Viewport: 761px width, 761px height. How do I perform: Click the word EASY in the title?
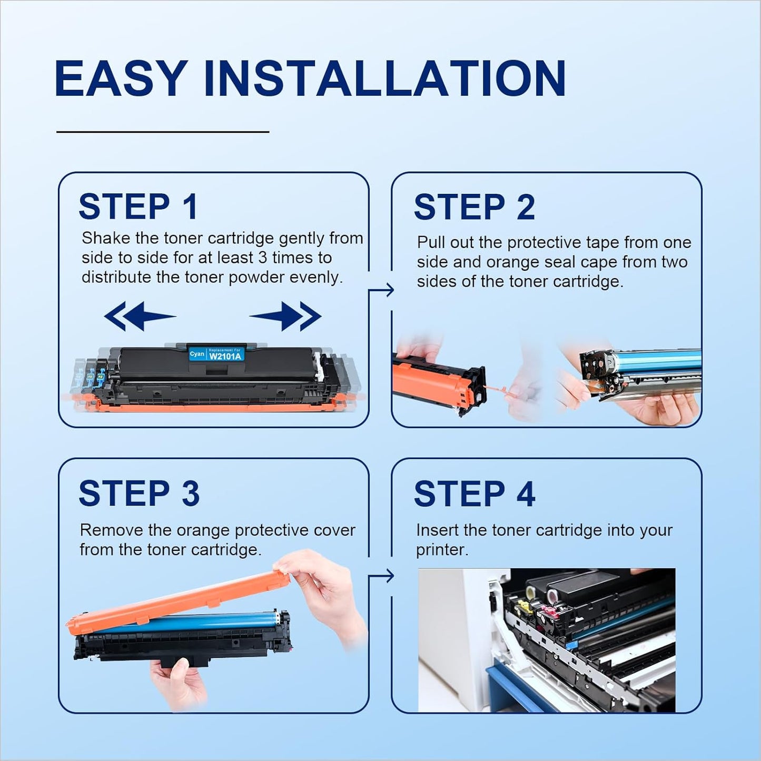coord(121,78)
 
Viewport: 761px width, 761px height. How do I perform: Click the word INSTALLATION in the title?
coord(384,78)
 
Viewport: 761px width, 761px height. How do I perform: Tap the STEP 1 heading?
coord(138,206)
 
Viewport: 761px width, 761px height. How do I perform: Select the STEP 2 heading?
coord(475,206)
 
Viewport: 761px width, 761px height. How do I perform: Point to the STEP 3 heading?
coord(139,493)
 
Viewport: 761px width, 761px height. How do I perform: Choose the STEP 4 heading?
coord(475,493)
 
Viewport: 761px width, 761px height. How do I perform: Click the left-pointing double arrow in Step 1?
coord(140,316)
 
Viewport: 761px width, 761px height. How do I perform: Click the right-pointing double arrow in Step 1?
coord(285,316)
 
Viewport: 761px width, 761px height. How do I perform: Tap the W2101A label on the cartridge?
coord(224,356)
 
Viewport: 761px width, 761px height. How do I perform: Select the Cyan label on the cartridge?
coord(197,354)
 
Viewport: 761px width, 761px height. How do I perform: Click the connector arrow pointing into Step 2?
coord(381,290)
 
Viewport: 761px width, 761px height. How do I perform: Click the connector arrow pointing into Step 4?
coord(381,576)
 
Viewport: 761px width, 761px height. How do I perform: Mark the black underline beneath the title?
coord(163,132)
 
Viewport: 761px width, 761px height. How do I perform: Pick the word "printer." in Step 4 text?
coord(442,550)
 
